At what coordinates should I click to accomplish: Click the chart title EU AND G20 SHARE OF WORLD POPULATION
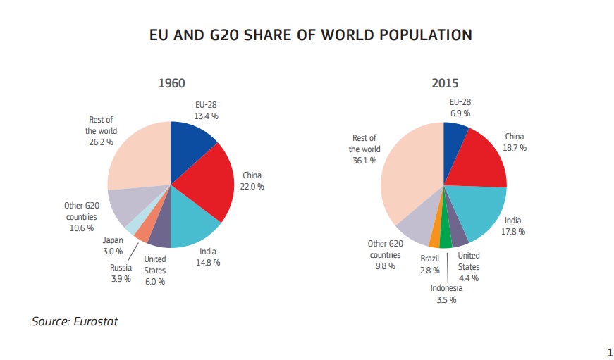coord(310,35)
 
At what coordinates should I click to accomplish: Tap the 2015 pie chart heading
coord(444,83)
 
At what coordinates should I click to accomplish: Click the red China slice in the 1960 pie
coord(206,182)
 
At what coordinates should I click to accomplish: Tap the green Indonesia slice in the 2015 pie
coord(445,236)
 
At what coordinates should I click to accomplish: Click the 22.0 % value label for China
coord(252,187)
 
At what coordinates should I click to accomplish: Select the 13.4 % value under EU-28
coord(206,115)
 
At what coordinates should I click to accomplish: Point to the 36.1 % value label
coord(365,160)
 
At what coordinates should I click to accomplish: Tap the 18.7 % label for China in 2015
coord(514,148)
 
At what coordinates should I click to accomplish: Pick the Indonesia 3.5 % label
coord(446,294)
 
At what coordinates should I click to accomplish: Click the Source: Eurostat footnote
coord(75,322)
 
